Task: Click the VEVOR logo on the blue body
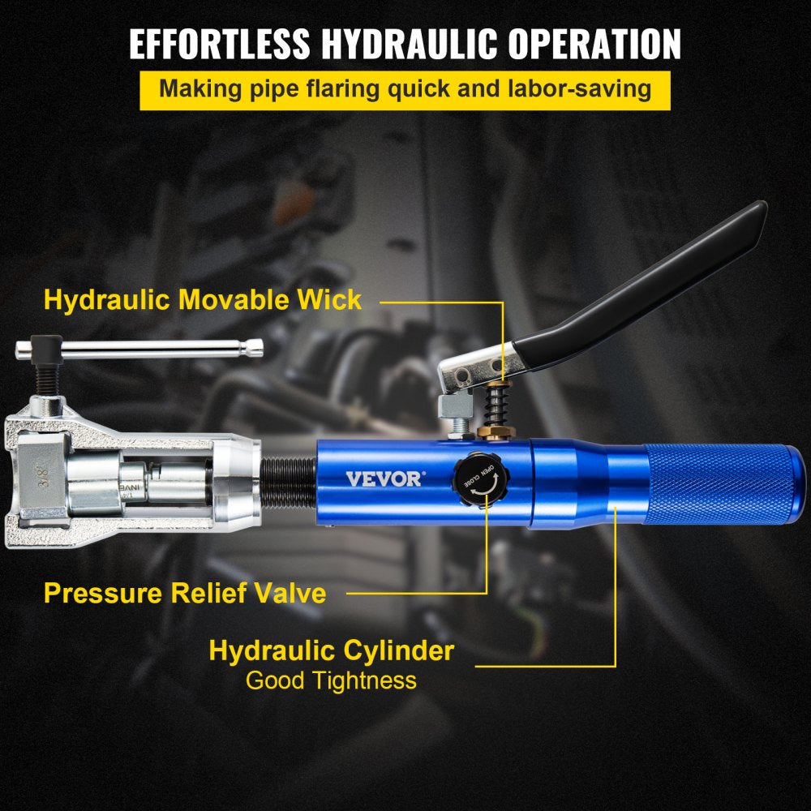(384, 478)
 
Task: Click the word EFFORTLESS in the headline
(221, 45)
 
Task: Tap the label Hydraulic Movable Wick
(203, 299)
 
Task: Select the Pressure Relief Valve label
(185, 593)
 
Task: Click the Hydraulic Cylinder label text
(331, 650)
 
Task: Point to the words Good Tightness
(331, 680)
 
